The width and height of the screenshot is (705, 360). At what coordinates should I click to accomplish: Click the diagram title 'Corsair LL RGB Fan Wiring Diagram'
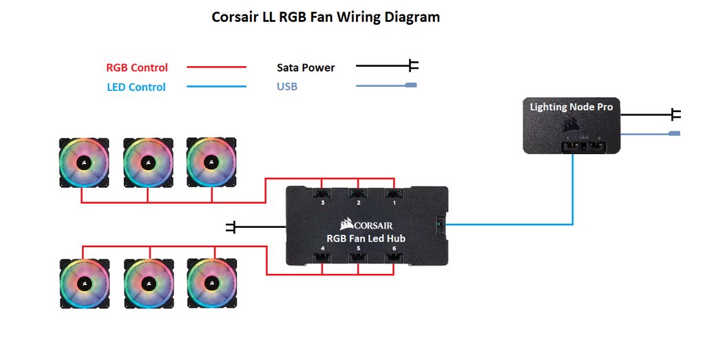pos(325,17)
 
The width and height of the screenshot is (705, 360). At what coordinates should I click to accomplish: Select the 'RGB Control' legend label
pos(137,67)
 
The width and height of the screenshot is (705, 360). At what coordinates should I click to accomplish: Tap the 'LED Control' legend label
pos(136,87)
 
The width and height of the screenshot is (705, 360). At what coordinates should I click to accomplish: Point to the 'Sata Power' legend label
pos(306,67)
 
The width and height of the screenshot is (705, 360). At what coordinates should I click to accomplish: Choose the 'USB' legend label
pos(287,87)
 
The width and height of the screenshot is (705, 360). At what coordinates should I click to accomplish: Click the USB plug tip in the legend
pos(411,86)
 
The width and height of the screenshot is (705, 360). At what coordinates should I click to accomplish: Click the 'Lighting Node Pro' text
pos(571,107)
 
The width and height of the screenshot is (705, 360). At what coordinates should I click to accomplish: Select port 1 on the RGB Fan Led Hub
pos(394,194)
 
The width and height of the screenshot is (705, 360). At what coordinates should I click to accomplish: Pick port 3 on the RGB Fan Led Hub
pos(322,194)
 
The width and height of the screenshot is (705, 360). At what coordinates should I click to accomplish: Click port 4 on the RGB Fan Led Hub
pos(322,257)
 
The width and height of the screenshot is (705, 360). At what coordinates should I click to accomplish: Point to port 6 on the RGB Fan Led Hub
pos(394,257)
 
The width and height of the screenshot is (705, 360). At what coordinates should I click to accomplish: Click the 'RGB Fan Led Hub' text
pos(366,238)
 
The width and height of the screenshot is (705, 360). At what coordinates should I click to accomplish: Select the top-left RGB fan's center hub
pos(84,163)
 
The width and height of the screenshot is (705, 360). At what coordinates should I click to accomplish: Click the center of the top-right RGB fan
pos(211,163)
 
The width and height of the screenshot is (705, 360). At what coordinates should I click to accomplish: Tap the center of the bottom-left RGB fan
pos(84,283)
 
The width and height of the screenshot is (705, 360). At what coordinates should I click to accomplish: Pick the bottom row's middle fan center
pos(147,283)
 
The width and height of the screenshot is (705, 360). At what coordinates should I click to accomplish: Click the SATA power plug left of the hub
pos(231,226)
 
